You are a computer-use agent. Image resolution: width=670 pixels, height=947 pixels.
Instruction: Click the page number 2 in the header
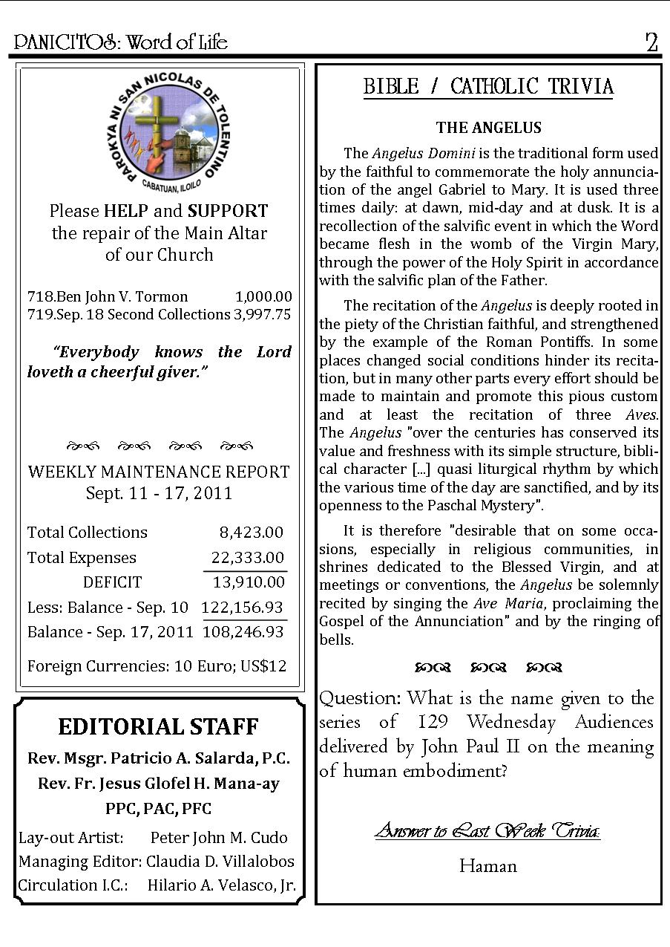coord(651,42)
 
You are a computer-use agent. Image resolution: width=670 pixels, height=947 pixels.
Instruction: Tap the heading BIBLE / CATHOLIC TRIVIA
coord(488,87)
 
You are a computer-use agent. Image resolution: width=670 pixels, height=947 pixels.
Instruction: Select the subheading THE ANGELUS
coord(488,128)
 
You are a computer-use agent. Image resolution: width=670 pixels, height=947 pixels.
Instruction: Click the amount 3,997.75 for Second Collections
coord(262,314)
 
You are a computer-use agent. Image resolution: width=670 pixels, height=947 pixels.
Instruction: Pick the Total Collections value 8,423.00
coord(251,533)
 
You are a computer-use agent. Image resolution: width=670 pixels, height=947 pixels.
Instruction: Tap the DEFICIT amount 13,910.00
coord(249,582)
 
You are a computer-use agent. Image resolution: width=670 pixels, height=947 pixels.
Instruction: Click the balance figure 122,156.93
coord(243,608)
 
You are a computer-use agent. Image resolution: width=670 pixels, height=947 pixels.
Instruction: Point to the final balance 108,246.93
coord(243,632)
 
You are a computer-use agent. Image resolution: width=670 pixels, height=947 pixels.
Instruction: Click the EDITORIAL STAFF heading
coord(158,726)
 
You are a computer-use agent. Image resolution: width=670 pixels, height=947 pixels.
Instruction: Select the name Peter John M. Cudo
coord(219,838)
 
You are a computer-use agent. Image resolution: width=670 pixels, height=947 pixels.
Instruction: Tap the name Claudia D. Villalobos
coord(220,862)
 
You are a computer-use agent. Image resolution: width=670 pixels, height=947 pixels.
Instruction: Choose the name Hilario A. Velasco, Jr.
coord(222,885)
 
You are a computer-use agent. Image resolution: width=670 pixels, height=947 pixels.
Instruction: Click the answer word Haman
coord(487,866)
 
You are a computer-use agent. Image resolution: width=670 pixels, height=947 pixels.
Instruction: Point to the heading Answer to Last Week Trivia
coord(487,830)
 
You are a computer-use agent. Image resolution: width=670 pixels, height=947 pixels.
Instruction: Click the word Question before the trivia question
coord(360,699)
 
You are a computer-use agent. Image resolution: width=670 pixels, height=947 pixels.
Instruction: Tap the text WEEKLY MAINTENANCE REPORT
coord(159,472)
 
